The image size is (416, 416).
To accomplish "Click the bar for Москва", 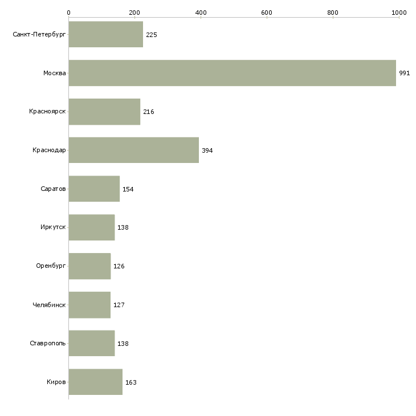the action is (x=233, y=73).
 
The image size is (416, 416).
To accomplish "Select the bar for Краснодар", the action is (x=134, y=150).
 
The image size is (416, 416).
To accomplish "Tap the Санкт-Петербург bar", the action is (x=106, y=35).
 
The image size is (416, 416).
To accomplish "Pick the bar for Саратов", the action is (x=94, y=189).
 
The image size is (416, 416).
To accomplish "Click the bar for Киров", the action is (x=96, y=382).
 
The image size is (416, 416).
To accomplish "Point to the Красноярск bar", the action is (x=104, y=112).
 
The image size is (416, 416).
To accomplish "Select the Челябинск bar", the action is (x=89, y=305).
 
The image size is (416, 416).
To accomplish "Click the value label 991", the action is (x=405, y=73).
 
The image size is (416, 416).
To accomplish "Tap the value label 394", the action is (x=207, y=150).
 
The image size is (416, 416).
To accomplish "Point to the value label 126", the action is (x=119, y=266).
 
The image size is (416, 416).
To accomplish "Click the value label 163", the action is (x=131, y=382).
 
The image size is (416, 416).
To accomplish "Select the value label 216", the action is (x=149, y=112).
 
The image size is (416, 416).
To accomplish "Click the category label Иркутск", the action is (x=53, y=227).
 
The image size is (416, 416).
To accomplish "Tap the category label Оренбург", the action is (x=51, y=266).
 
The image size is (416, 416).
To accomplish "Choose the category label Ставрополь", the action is (x=47, y=343).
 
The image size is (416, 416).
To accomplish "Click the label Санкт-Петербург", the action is (x=39, y=35).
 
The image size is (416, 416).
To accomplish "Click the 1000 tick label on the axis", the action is (x=399, y=13).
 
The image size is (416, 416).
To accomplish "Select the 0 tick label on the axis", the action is (x=69, y=13).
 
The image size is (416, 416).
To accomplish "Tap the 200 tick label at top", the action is (x=134, y=13).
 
